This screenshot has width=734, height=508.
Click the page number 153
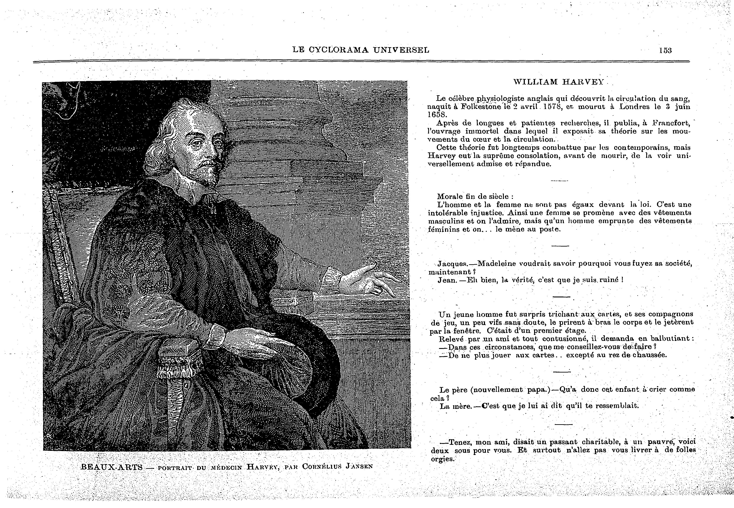click(x=665, y=50)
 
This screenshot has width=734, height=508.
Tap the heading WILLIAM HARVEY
click(x=559, y=82)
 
